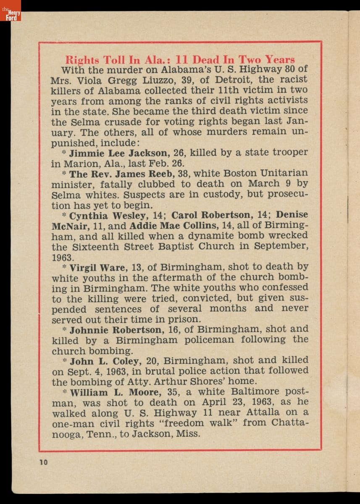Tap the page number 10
coord(44,462)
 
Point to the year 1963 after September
coord(62,257)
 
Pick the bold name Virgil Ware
coord(95,267)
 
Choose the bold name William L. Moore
coord(115,393)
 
